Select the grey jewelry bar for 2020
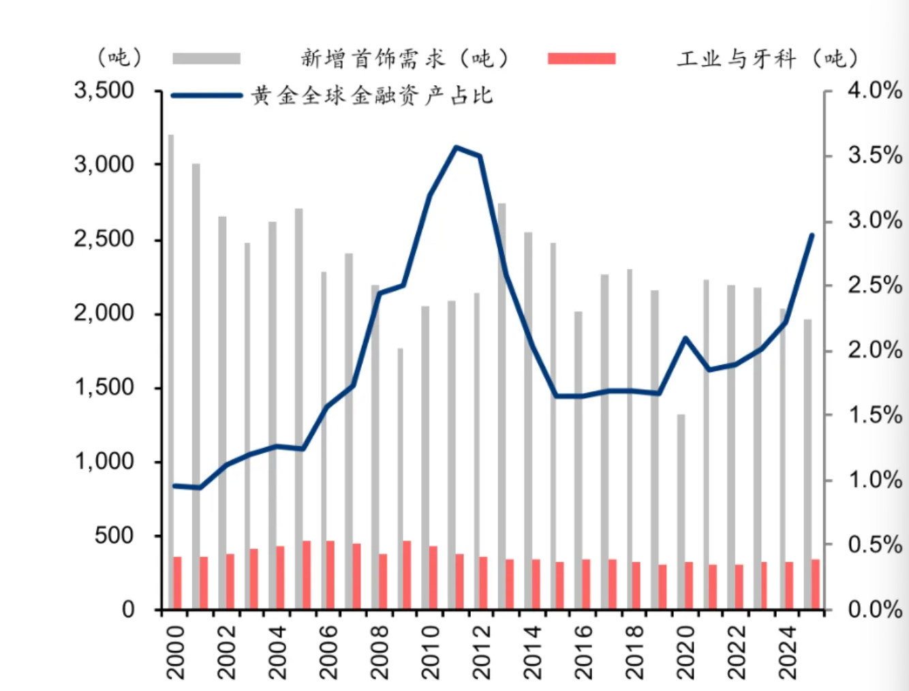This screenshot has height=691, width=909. [x=681, y=511]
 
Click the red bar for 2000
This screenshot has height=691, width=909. [x=178, y=583]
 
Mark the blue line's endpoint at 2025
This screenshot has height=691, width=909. [x=812, y=235]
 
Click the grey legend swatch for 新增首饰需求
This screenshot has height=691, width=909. [x=206, y=59]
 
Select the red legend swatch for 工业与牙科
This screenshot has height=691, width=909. [x=581, y=59]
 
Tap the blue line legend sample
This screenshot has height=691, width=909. [x=206, y=95]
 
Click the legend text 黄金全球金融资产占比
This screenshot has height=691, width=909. [x=371, y=95]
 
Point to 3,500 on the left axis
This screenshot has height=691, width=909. [x=104, y=91]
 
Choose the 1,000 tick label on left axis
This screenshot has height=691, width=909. [x=104, y=461]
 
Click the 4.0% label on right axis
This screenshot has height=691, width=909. [x=875, y=91]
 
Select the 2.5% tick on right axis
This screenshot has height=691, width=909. [x=875, y=286]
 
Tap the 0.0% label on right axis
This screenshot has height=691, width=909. [x=875, y=609]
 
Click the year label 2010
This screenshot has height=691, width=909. [x=431, y=652]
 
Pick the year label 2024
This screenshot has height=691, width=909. [x=788, y=652]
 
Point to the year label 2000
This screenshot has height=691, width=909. [x=175, y=652]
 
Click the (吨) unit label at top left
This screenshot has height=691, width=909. [x=119, y=57]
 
